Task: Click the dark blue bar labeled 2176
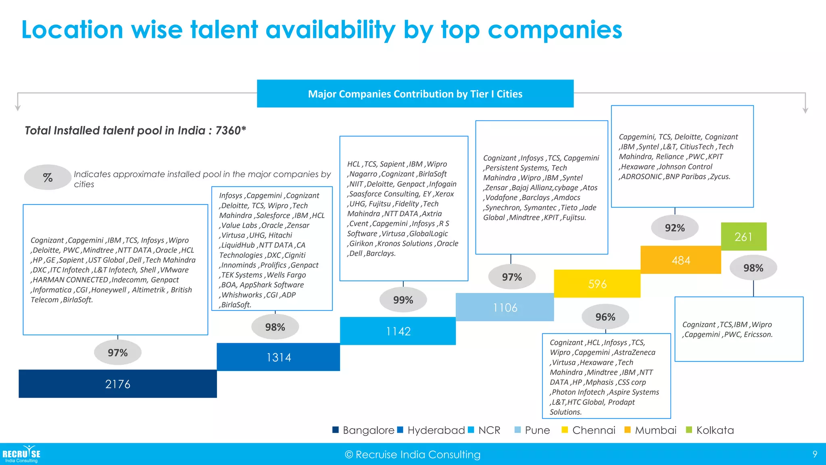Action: [118, 384]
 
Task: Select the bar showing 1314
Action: [278, 357]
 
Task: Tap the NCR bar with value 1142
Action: [398, 331]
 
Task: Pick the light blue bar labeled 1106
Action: [505, 308]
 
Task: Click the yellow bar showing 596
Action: [597, 284]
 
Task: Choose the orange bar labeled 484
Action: [681, 260]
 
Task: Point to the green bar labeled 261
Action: [743, 237]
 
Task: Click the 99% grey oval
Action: [403, 300]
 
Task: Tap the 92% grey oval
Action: [675, 228]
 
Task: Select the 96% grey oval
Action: [605, 317]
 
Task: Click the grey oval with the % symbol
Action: [48, 177]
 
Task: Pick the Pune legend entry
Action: [532, 430]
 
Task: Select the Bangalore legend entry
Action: [363, 430]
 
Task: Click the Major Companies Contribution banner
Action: [415, 94]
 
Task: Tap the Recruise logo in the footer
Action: [21, 454]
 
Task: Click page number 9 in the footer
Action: [815, 455]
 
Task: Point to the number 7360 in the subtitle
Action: [228, 130]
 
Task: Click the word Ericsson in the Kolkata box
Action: [758, 335]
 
